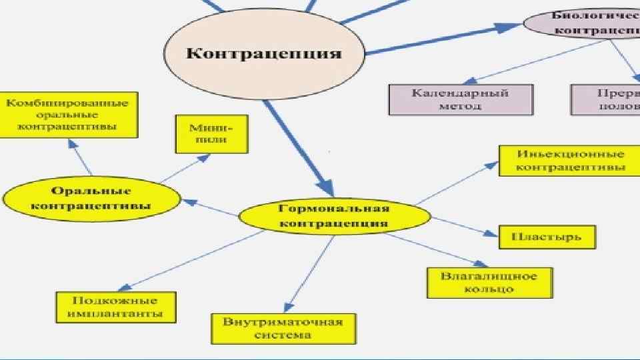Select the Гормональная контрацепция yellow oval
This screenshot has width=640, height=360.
pyautogui.click(x=334, y=217)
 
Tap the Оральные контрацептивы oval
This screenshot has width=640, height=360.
pyautogui.click(x=91, y=197)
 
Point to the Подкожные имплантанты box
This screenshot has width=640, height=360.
pyautogui.click(x=117, y=307)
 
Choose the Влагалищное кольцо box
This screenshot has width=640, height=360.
pyautogui.click(x=489, y=282)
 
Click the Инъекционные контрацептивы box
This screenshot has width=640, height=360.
pyautogui.click(x=570, y=160)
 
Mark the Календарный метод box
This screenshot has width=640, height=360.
pyautogui.click(x=461, y=99)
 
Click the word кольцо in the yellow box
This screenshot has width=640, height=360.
pyautogui.click(x=489, y=289)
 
